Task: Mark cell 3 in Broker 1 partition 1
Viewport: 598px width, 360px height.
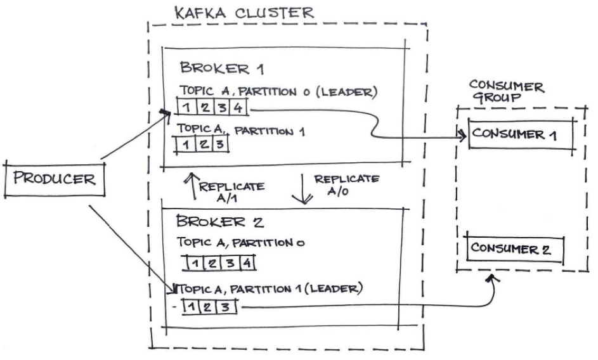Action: tap(218, 144)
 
